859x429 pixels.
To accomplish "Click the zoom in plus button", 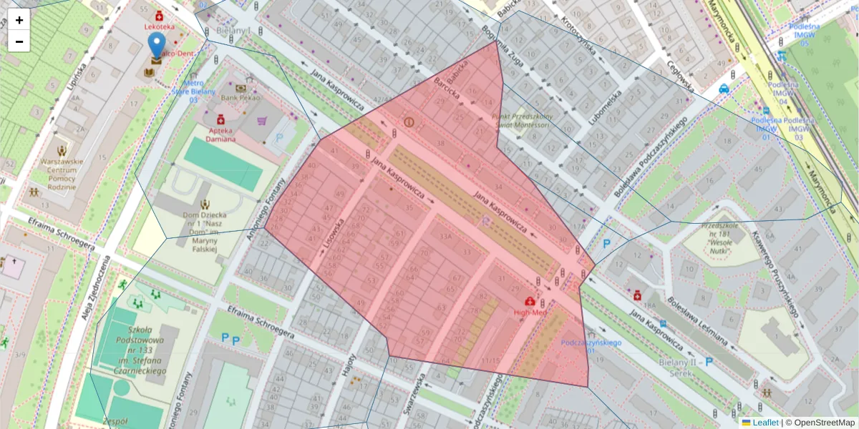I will click(19, 20).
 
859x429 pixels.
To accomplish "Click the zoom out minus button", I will click(19, 41).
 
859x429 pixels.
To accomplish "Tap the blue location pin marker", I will click(156, 45).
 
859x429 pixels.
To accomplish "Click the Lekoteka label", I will click(159, 26).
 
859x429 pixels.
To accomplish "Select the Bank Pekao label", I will click(240, 97).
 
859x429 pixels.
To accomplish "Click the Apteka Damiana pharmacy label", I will click(221, 134).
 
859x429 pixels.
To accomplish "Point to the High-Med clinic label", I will click(530, 312).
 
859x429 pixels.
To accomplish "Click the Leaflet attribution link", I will click(765, 423).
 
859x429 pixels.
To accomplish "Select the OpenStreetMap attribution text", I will click(823, 423).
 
